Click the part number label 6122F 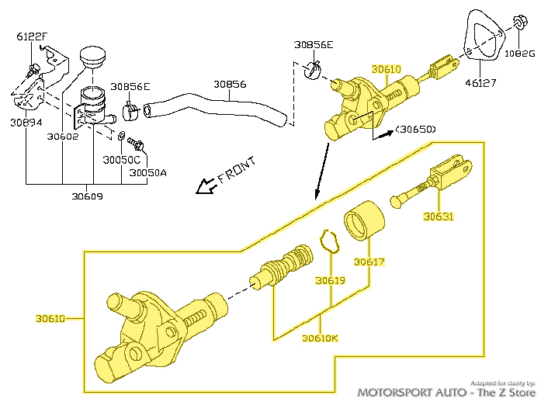[x=31, y=36]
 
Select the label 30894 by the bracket [x=26, y=122]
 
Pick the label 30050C [x=122, y=160]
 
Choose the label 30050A [x=147, y=173]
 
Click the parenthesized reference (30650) [x=415, y=129]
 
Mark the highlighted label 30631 [x=439, y=217]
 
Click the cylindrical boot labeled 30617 [x=365, y=222]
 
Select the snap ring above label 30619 [x=330, y=241]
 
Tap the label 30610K [x=320, y=338]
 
